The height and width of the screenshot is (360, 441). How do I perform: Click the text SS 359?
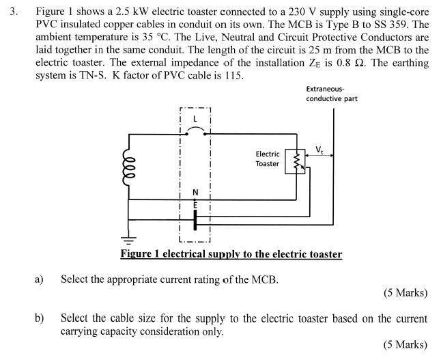pos(405,25)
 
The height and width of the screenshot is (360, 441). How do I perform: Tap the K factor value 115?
pos(234,75)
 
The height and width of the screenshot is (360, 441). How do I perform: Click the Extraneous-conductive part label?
pos(331,94)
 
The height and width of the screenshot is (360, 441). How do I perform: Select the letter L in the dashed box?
pos(195,118)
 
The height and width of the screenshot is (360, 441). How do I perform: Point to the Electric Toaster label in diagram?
pos(268,159)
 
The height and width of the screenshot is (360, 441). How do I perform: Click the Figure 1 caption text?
pos(231,254)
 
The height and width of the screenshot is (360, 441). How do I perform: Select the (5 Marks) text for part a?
pos(406,293)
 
